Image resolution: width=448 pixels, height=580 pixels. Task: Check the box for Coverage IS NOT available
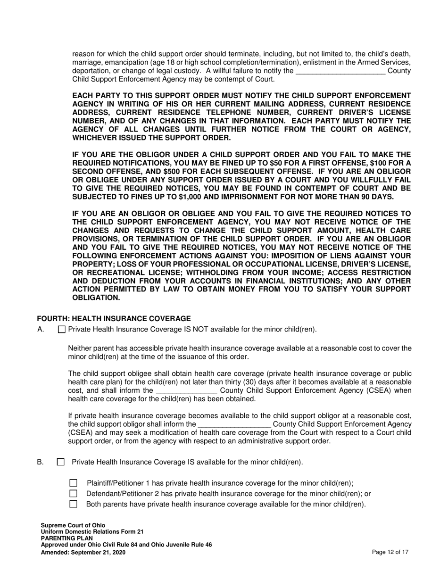click(62, 330)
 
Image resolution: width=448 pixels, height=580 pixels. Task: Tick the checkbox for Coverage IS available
click(61, 462)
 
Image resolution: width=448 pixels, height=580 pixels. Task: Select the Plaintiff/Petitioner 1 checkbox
click(73, 483)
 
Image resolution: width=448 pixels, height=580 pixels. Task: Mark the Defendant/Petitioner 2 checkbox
click(73, 494)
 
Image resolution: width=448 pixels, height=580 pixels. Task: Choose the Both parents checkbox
click(73, 504)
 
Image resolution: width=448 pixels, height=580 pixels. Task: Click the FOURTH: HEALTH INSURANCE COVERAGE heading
click(114, 319)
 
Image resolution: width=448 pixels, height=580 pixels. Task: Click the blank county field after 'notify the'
click(340, 71)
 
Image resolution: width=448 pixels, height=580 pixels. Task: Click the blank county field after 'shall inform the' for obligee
click(186, 390)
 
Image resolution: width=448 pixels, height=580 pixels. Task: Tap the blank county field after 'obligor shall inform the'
click(234, 424)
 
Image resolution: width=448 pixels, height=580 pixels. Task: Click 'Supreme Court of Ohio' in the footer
click(73, 525)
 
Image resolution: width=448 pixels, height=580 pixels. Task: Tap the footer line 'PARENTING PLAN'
click(67, 538)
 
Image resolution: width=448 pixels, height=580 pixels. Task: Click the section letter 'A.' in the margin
click(41, 330)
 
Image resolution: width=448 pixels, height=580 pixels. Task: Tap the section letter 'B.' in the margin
click(41, 462)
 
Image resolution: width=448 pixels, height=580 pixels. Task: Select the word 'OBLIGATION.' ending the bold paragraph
click(96, 298)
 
